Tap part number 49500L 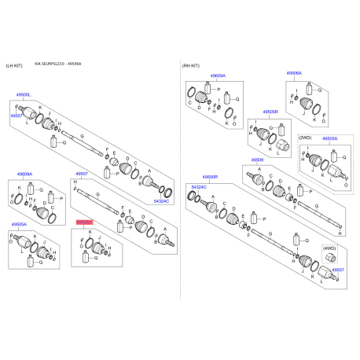[23, 94]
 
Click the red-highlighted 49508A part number [83, 222]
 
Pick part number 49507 [83, 173]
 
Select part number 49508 [257, 160]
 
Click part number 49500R [209, 178]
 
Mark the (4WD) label [329, 248]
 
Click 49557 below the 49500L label [17, 116]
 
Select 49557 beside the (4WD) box [337, 270]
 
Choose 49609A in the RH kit [217, 75]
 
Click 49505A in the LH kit [19, 225]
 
